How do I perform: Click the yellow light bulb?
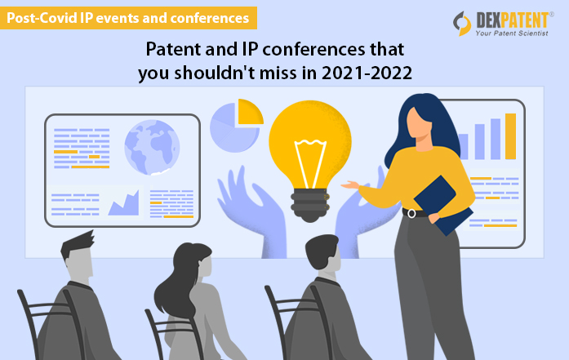(x=309, y=135)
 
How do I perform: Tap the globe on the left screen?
(x=151, y=147)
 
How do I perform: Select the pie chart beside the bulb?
(x=235, y=125)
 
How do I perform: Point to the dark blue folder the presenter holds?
(x=442, y=204)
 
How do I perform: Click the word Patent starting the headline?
(x=168, y=48)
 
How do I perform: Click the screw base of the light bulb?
(x=311, y=199)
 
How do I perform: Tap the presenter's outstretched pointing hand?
(x=350, y=185)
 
